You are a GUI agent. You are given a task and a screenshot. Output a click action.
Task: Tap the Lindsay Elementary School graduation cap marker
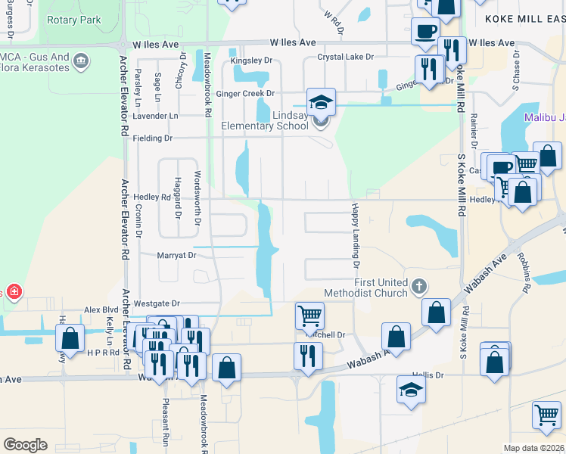321,101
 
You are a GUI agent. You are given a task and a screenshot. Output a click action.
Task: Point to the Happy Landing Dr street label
353,235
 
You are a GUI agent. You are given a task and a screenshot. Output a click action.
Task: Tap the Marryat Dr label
176,256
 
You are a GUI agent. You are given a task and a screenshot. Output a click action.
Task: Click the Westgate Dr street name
157,303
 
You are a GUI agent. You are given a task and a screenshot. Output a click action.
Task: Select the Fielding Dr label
153,138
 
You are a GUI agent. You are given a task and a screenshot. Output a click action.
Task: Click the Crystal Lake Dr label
346,57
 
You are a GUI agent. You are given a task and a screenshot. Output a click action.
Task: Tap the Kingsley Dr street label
251,59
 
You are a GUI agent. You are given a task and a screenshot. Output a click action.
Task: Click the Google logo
25,445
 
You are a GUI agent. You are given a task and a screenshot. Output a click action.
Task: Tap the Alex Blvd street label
101,310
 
